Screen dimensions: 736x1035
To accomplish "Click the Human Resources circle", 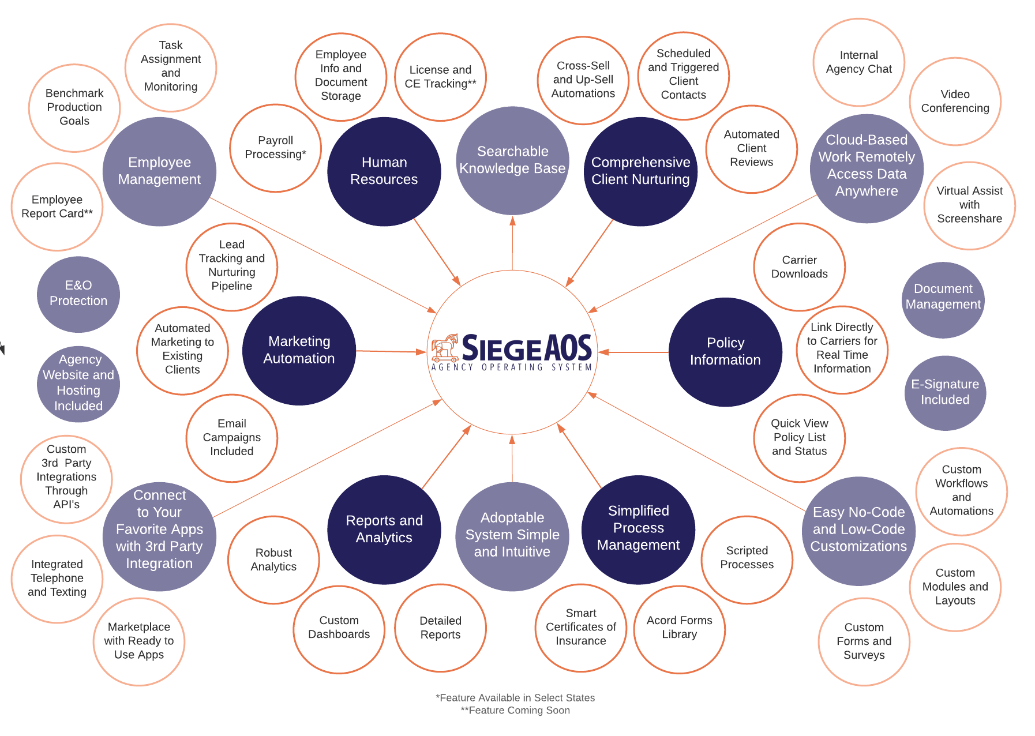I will [384, 171].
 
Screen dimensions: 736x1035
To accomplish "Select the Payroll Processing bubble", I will [276, 148].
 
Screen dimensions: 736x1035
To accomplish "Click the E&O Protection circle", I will [78, 294].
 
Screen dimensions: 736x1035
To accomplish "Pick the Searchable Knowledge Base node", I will [512, 160].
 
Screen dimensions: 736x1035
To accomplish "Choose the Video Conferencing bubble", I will [955, 102].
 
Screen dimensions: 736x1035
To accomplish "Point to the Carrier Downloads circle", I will [799, 267].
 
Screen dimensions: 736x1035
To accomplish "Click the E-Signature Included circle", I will [945, 392].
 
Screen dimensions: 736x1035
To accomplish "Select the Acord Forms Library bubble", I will [679, 628].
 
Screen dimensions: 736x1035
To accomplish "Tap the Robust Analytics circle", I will [273, 560].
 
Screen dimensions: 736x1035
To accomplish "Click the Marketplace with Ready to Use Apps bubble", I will [139, 641].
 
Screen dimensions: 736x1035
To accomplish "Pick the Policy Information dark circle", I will [725, 352].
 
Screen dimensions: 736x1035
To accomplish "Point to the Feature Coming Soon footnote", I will [516, 711].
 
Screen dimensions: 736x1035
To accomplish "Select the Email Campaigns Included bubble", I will [232, 438].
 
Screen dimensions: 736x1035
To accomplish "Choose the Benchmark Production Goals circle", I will [74, 107].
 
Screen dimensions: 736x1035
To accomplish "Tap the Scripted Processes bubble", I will [747, 558].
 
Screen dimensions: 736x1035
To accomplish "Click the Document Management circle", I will [943, 297].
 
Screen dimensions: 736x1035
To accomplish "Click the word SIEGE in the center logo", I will [502, 348].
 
